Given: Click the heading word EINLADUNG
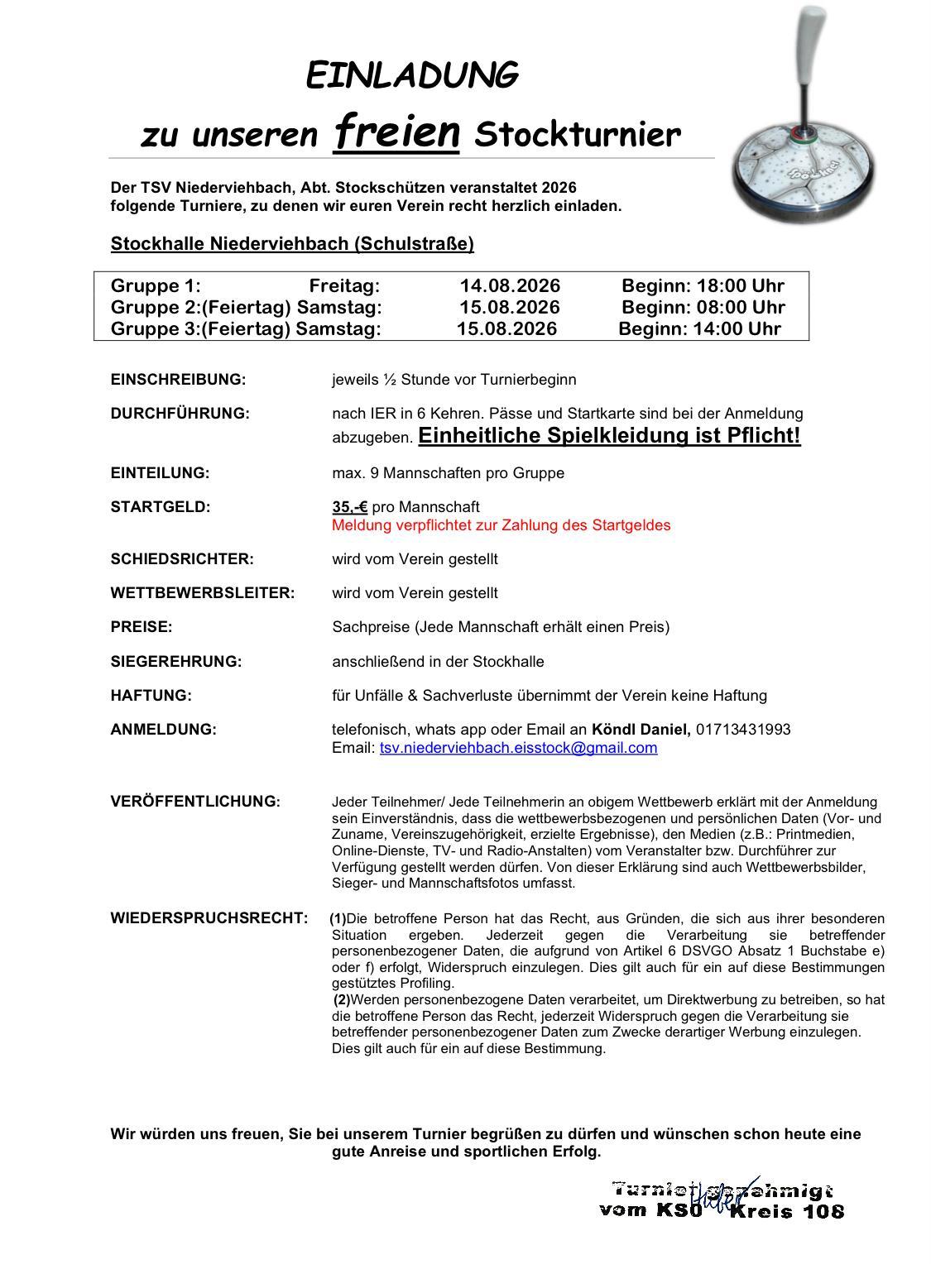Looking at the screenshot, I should point(412,75).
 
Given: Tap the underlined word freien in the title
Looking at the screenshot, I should point(396,132).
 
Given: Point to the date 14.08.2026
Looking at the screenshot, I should point(510,286).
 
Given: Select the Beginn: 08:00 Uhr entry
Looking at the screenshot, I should point(703,308).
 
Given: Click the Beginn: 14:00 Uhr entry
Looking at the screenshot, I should point(700,328).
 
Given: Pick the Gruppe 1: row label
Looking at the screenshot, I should point(156,286).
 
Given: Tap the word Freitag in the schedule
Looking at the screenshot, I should point(344,286).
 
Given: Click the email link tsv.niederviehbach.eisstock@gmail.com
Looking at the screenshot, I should point(518,748).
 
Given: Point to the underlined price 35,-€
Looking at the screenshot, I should point(349,506).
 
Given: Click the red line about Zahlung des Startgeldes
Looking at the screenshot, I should point(501,525).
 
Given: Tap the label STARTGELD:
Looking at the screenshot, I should point(161,507).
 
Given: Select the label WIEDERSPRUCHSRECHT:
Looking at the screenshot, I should point(209,918).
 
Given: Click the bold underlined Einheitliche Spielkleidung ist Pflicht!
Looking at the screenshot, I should point(609,436).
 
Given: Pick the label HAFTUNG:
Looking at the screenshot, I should point(151,696).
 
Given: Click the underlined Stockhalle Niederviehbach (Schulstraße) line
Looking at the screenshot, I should point(292,244).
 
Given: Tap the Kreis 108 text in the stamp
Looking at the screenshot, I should point(787,1212).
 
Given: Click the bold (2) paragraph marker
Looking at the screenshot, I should point(342,999).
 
